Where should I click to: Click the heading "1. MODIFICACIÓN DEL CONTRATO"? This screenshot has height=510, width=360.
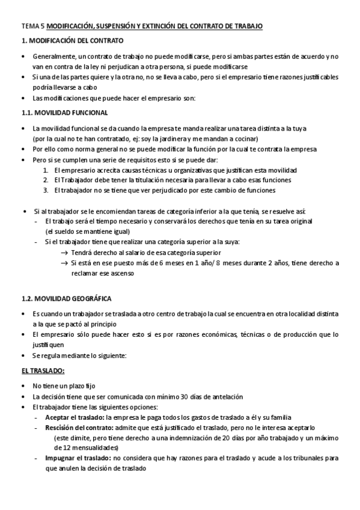click(x=72, y=41)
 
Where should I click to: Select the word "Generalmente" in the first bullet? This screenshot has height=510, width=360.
click(x=53, y=56)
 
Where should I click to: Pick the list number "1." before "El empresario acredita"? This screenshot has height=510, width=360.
click(x=46, y=170)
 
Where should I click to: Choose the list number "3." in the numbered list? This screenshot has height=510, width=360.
click(x=46, y=191)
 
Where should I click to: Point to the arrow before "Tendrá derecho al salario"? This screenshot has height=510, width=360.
click(x=64, y=253)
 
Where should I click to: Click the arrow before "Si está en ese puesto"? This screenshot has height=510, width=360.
click(x=64, y=263)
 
